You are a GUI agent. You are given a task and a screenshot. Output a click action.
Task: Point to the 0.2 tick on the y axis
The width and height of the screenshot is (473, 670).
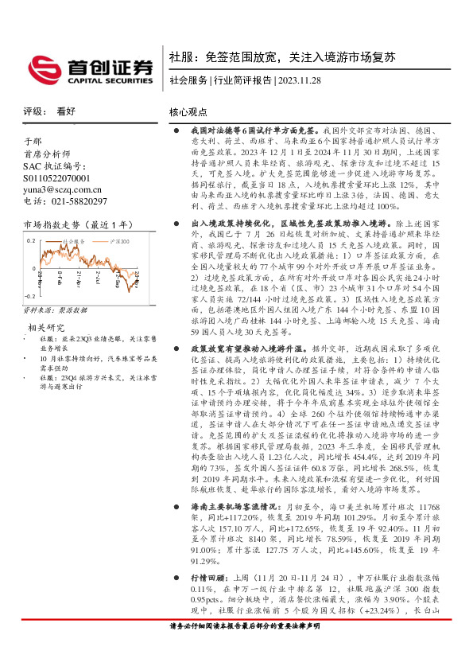point(31,240)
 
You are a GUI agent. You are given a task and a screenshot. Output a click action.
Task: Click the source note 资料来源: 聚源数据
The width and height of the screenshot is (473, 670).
point(56,310)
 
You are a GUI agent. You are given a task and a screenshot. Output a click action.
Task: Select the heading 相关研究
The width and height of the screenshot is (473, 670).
point(46,327)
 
